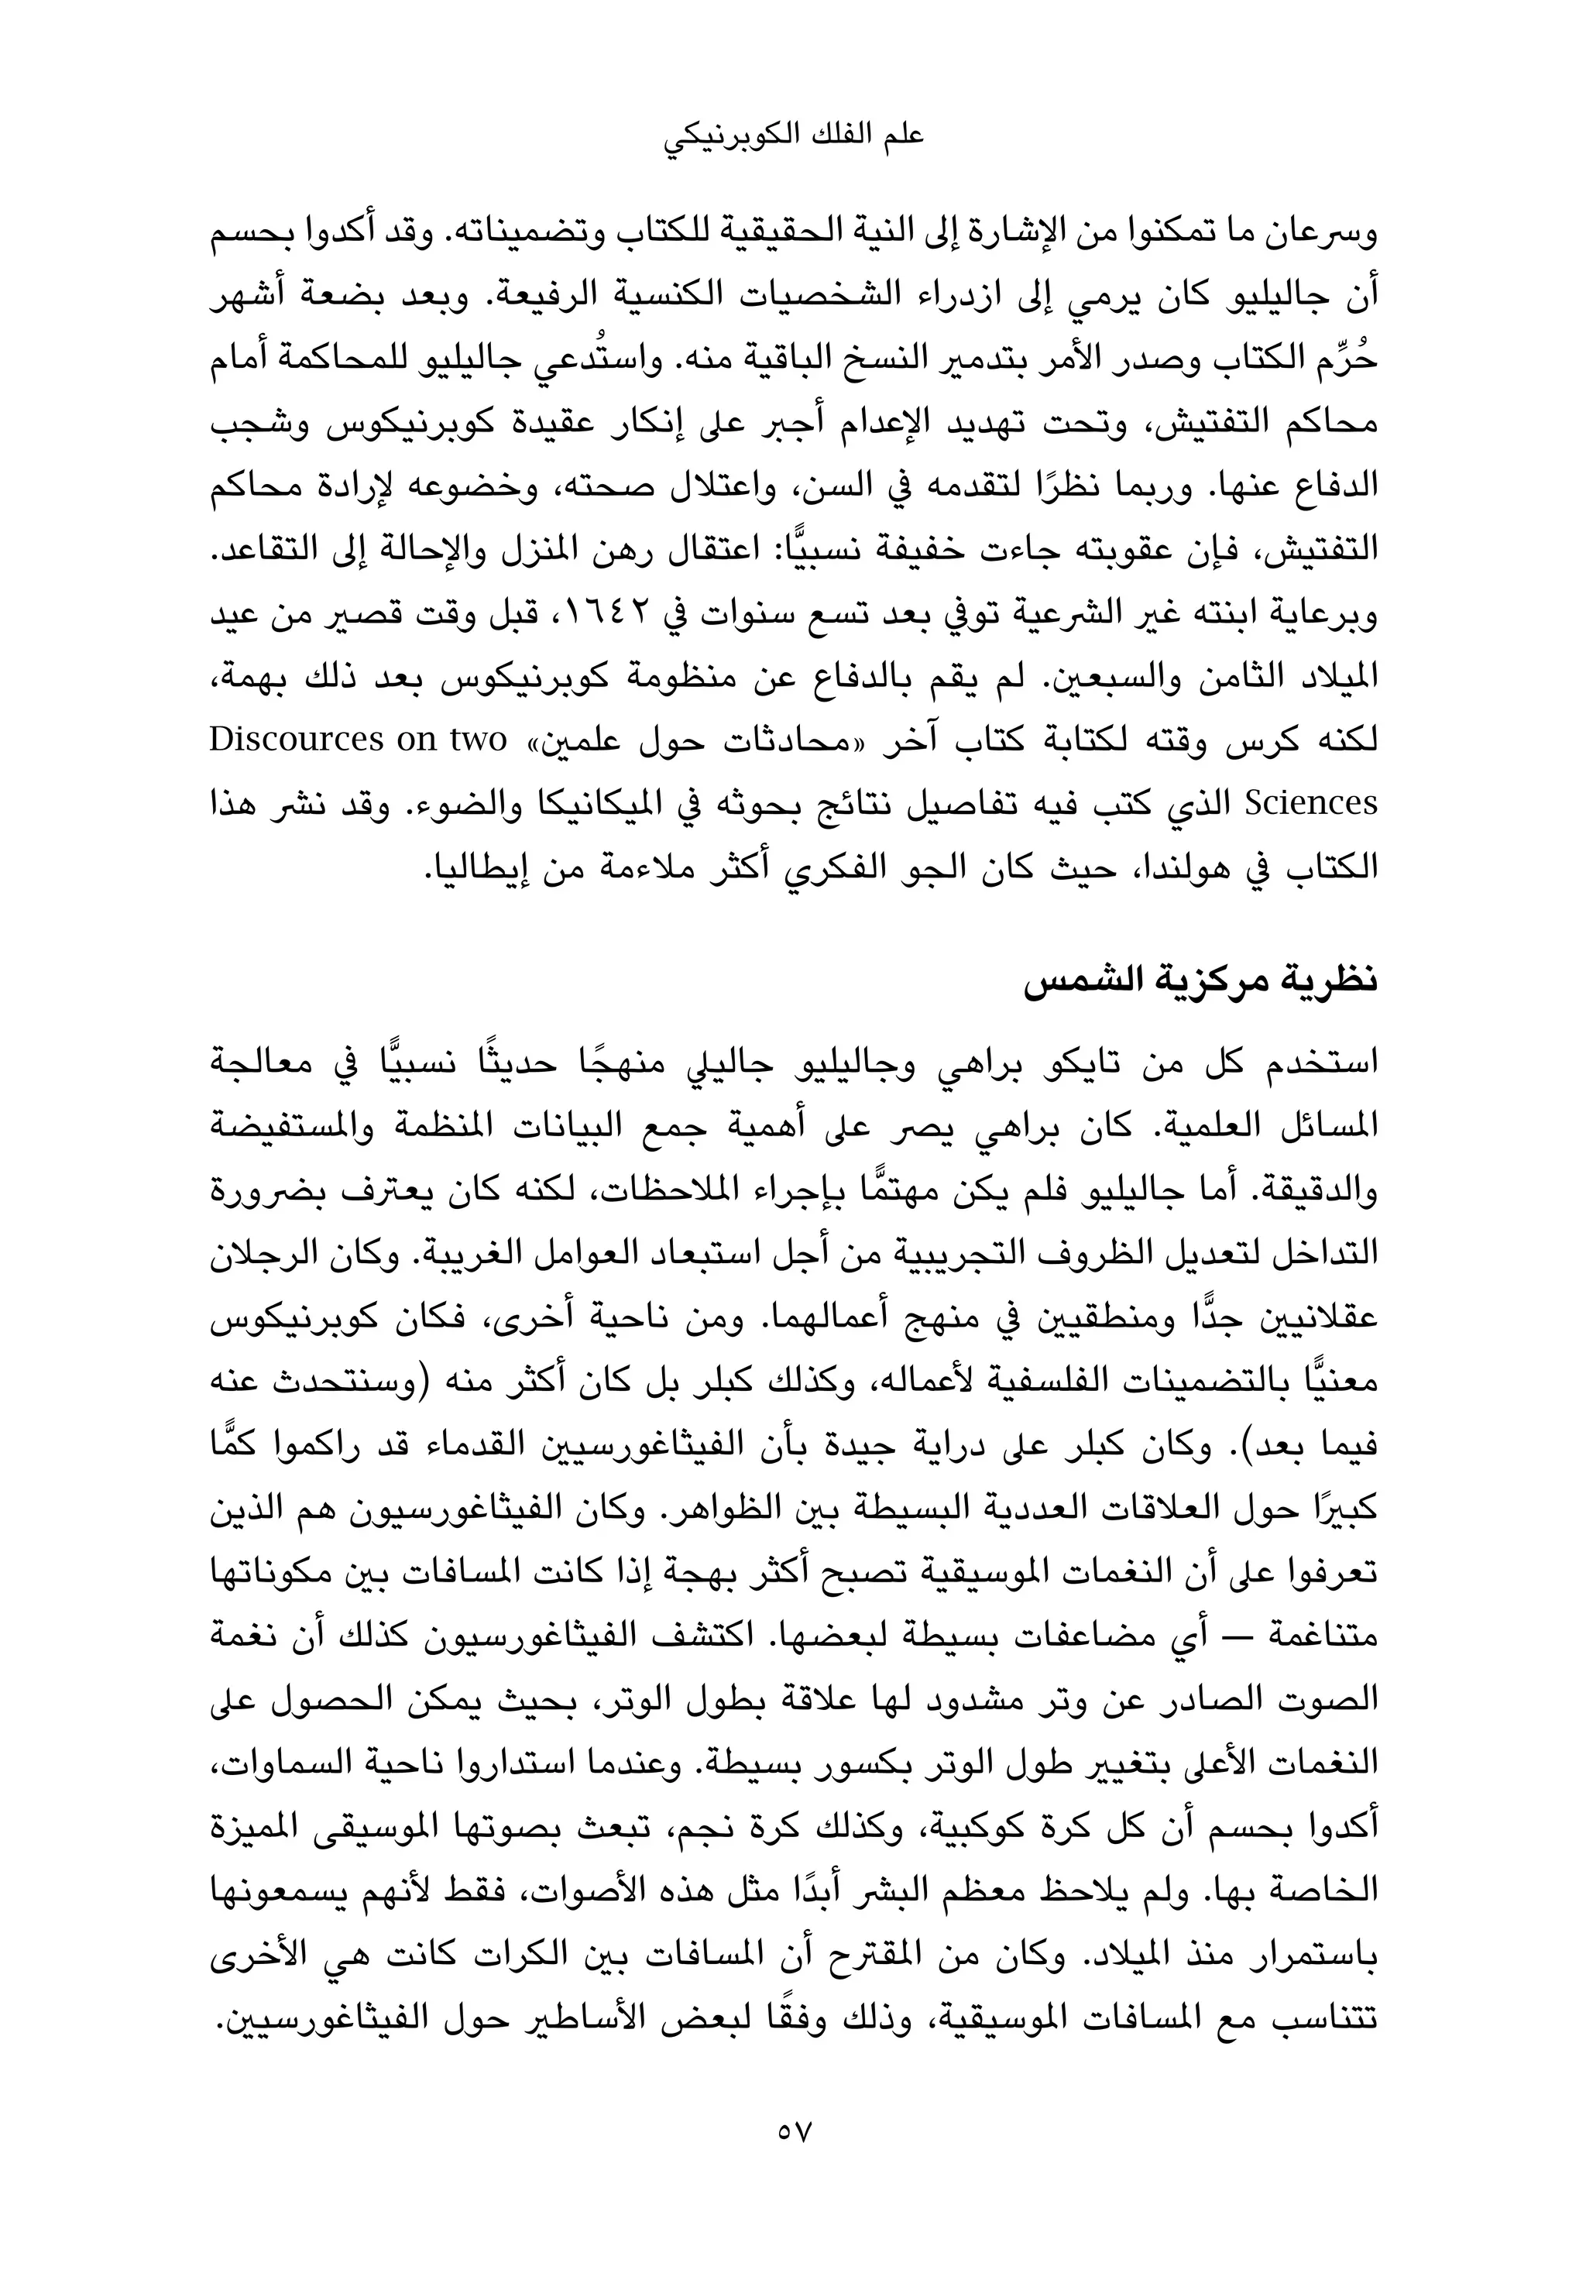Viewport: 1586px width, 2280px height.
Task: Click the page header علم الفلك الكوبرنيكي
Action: click(792, 137)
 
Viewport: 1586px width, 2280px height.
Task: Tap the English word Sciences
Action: click(1312, 802)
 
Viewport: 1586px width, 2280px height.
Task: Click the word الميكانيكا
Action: click(579, 802)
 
